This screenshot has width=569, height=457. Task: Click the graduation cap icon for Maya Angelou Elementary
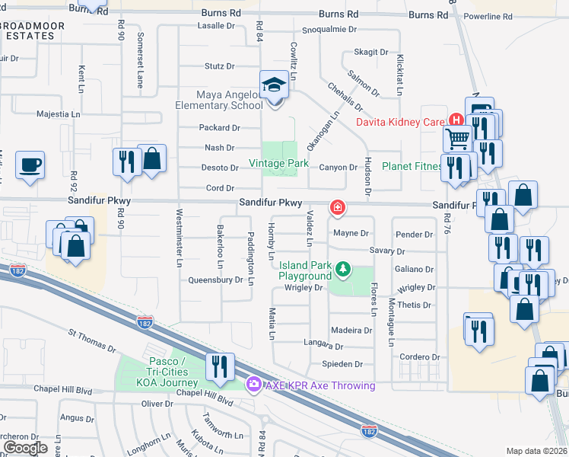tap(273, 85)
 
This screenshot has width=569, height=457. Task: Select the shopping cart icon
tap(458, 138)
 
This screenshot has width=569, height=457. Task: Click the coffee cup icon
tap(30, 164)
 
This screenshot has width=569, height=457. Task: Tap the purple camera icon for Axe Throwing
tap(253, 385)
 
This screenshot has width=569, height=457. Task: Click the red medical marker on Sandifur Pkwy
tap(335, 207)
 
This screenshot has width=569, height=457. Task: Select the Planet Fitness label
tap(411, 166)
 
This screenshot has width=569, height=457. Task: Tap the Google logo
tap(25, 448)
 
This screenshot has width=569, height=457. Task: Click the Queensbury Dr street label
tap(216, 280)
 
